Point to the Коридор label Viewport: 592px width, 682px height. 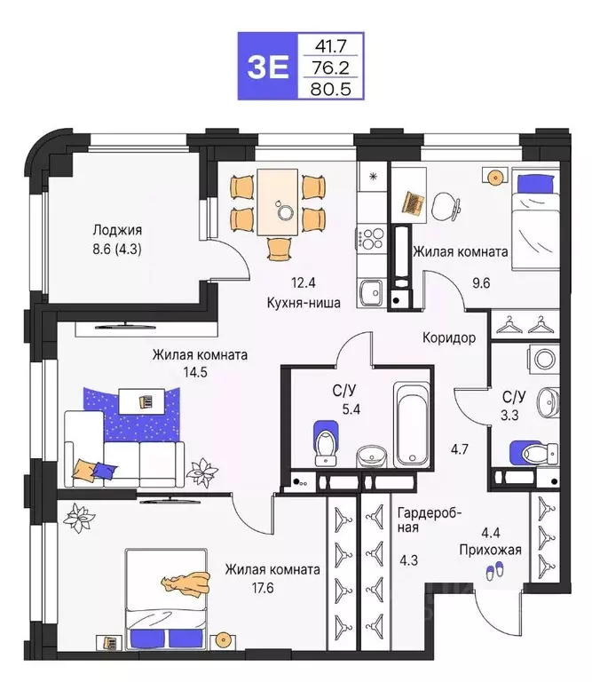click(450, 338)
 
